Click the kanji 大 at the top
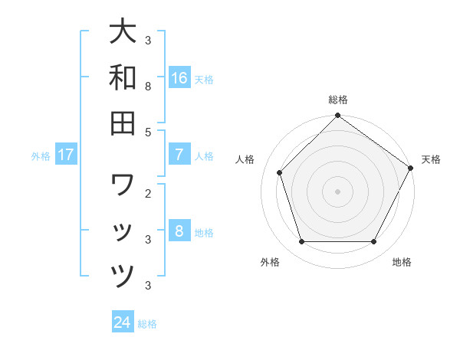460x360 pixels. (x=123, y=32)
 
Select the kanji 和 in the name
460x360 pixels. (x=123, y=77)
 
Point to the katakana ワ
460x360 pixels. (x=123, y=185)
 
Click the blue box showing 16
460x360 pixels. (x=179, y=78)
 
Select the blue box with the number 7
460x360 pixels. (x=179, y=155)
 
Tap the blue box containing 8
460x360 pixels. (x=179, y=231)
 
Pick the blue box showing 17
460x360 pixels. (x=66, y=155)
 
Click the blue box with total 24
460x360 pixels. (x=123, y=322)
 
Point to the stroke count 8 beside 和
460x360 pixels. (x=148, y=87)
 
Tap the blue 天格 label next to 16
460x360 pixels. (x=204, y=79)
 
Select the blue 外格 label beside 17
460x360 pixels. (x=41, y=155)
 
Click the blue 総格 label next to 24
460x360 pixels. (x=147, y=323)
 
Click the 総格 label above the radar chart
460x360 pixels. (x=338, y=100)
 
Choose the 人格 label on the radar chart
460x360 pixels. (x=245, y=159)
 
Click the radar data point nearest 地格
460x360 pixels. (x=374, y=242)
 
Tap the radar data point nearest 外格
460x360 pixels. (x=301, y=242)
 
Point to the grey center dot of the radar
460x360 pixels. (x=338, y=191)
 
